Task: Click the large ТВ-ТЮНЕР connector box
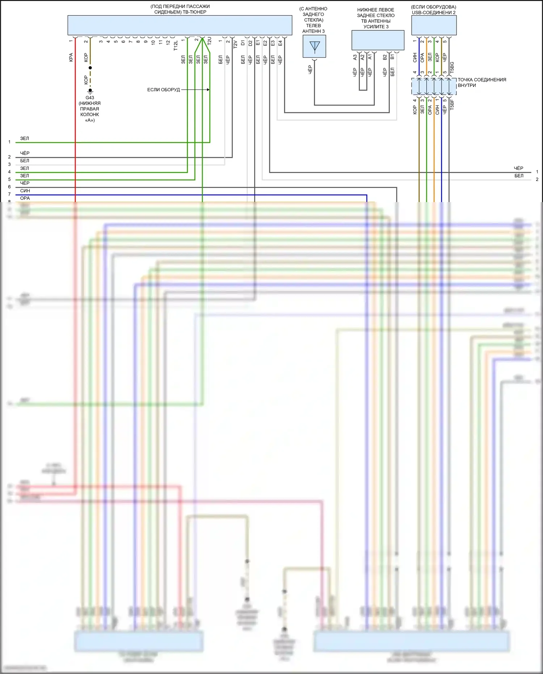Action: [180, 25]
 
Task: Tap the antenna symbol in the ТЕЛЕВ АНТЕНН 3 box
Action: [315, 47]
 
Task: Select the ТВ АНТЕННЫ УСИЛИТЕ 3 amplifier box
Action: [378, 40]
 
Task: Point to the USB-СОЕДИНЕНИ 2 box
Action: [434, 25]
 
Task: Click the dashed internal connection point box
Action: [434, 87]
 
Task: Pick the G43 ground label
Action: [90, 98]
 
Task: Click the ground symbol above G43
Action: [90, 91]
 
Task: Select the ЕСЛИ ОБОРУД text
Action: [163, 90]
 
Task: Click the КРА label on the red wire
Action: [71, 57]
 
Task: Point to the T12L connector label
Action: [176, 46]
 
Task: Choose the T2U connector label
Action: [209, 41]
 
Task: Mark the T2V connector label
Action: [235, 44]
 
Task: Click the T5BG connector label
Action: [452, 68]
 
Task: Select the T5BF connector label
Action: [452, 105]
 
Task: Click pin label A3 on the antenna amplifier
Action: [355, 57]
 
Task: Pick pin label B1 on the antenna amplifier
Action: [392, 57]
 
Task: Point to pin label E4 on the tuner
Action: [280, 43]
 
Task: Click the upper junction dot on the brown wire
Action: [90, 68]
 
